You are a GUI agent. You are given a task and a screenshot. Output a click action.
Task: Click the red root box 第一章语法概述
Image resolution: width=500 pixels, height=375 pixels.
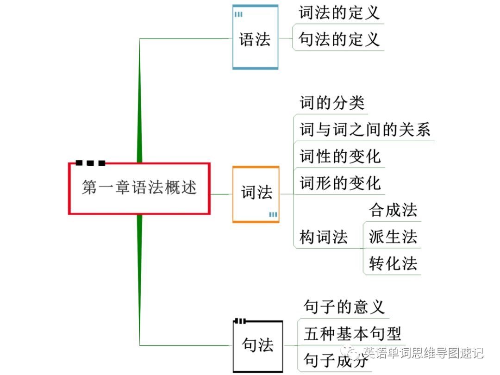pyautogui.click(x=139, y=188)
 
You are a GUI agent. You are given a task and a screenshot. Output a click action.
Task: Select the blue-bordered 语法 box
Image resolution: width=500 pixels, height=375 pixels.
pyautogui.click(x=255, y=38)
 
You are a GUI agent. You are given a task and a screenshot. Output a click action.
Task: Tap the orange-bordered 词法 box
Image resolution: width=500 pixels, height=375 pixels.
pyautogui.click(x=256, y=194)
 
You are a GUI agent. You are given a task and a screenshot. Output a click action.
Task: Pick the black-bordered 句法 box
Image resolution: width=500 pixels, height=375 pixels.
pyautogui.click(x=257, y=345)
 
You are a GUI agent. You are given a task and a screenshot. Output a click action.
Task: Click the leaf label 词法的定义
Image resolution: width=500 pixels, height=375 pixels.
pyautogui.click(x=339, y=12)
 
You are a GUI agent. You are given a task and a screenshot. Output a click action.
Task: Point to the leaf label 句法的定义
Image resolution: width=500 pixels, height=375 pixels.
pyautogui.click(x=339, y=39)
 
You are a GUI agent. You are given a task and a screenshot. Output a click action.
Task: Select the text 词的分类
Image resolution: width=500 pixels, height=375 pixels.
pyautogui.click(x=332, y=103)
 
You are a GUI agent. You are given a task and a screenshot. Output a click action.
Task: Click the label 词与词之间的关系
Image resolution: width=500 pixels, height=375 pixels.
pyautogui.click(x=365, y=130)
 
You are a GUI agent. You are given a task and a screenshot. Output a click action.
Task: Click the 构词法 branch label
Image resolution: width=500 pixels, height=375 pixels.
pyautogui.click(x=324, y=237)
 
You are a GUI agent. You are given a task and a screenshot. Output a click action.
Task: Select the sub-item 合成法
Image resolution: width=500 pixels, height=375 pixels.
pyautogui.click(x=393, y=210)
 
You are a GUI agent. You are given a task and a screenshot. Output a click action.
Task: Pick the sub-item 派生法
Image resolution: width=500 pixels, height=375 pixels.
pyautogui.click(x=393, y=237)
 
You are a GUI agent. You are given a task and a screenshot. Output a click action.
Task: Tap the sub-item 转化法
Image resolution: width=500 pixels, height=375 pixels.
pyautogui.click(x=393, y=264)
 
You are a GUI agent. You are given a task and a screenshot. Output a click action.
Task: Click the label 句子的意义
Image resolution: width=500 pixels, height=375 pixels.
pyautogui.click(x=344, y=306)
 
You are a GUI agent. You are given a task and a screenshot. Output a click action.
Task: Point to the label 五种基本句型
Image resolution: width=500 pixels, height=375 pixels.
pyautogui.click(x=352, y=333)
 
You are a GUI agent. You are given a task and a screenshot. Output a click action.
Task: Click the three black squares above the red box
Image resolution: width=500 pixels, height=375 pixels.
pyautogui.click(x=90, y=163)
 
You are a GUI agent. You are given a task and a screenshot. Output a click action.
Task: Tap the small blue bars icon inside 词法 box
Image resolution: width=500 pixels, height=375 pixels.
pyautogui.click(x=273, y=214)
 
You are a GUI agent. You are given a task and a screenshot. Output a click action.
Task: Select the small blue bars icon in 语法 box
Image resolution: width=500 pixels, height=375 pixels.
pyautogui.click(x=238, y=14)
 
